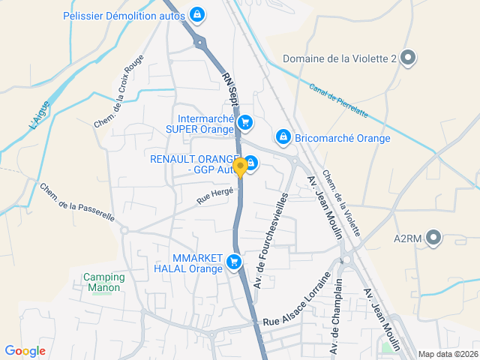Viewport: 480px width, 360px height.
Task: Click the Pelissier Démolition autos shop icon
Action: coord(196,14)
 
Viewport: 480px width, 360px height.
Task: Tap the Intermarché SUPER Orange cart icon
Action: coord(244,122)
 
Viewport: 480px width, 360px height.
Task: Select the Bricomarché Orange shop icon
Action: coord(283,136)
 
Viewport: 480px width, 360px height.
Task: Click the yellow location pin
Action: coord(240,167)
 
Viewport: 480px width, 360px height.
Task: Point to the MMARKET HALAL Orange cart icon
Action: coord(234,262)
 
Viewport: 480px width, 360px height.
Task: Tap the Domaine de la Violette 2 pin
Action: coord(408,58)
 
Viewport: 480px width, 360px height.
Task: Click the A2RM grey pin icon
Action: coord(433,238)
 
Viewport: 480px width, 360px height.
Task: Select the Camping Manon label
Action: coord(104,282)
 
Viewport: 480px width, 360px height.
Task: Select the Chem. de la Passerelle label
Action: coord(76,202)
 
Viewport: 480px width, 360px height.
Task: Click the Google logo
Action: coord(25,350)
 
